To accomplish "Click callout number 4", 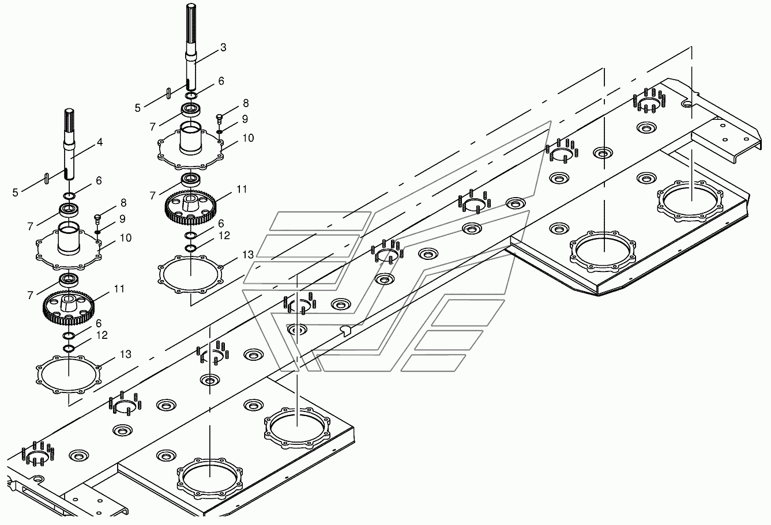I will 100,141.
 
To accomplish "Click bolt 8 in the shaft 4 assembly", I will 97,218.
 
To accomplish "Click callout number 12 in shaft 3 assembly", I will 224,236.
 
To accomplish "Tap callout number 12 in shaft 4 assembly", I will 101,335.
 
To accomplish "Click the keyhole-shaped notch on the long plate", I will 346,329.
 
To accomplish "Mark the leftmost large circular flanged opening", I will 210,476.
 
